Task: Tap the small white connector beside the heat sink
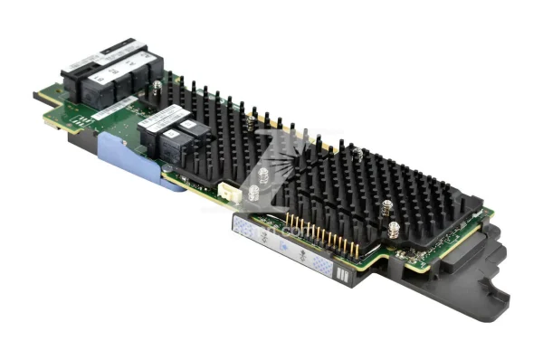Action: coord(228,192)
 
